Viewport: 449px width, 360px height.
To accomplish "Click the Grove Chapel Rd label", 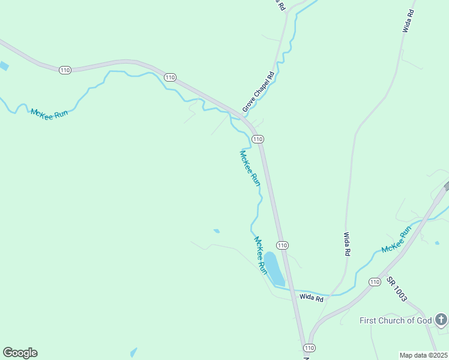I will [258, 92].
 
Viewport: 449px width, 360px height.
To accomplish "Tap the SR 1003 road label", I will [397, 289].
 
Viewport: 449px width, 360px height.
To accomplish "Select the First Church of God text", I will [396, 320].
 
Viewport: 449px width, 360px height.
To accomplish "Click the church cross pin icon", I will [441, 319].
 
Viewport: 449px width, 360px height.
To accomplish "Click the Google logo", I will [20, 353].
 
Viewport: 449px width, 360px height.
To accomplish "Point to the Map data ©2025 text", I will [423, 355].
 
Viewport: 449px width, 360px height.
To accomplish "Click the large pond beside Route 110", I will [274, 268].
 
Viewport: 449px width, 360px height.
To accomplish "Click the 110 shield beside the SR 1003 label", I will [375, 282].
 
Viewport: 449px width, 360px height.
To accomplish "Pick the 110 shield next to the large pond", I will [282, 245].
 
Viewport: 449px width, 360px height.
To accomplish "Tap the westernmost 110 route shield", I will [65, 70].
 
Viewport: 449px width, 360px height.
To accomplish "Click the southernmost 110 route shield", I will [309, 348].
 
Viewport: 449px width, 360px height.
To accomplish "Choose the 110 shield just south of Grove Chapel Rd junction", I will [258, 139].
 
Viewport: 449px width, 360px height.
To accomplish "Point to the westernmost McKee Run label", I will [50, 113].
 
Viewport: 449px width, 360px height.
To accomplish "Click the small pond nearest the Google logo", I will [133, 352].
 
